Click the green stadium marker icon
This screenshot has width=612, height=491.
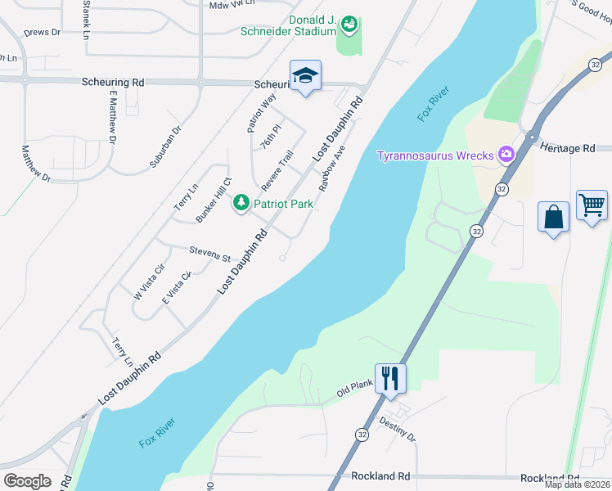pyautogui.click(x=349, y=25)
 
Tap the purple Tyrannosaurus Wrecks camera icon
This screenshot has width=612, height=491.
pyautogui.click(x=506, y=154)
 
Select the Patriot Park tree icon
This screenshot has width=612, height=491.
pyautogui.click(x=241, y=202)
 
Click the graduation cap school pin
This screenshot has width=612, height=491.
pyautogui.click(x=306, y=76)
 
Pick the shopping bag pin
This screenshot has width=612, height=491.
pyautogui.click(x=553, y=217)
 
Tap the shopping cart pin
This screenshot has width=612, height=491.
pyautogui.click(x=592, y=205)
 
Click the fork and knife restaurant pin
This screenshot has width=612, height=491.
pyautogui.click(x=390, y=378)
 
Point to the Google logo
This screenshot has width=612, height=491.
pyautogui.click(x=27, y=480)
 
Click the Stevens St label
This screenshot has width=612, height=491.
pyautogui.click(x=209, y=254)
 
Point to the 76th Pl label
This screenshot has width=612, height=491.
pyautogui.click(x=271, y=135)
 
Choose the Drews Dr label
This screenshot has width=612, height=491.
pyautogui.click(x=43, y=32)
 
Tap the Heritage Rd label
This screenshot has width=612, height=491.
pyautogui.click(x=567, y=147)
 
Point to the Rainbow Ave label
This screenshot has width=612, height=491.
pyautogui.click(x=334, y=169)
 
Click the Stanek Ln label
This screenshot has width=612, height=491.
pyautogui.click(x=86, y=16)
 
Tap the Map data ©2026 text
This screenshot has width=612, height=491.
pyautogui.click(x=577, y=484)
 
